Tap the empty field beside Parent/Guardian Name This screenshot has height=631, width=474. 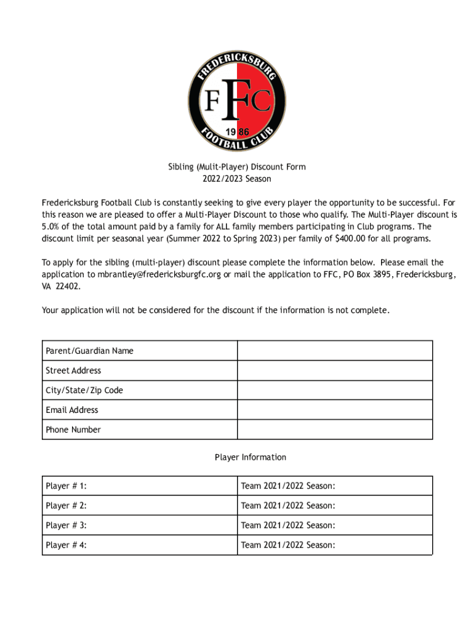pos(334,351)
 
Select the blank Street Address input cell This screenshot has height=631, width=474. pos(334,370)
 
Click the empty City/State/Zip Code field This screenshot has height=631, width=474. pos(334,390)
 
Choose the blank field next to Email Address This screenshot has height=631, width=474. pos(334,410)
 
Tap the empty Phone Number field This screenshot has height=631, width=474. pos(334,429)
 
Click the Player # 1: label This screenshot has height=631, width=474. pos(66,486)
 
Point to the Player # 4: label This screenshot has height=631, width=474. pos(66,545)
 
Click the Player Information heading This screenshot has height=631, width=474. pos(250,457)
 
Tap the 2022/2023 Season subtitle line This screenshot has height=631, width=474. pos(237,179)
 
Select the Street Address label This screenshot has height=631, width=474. pos(73,370)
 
